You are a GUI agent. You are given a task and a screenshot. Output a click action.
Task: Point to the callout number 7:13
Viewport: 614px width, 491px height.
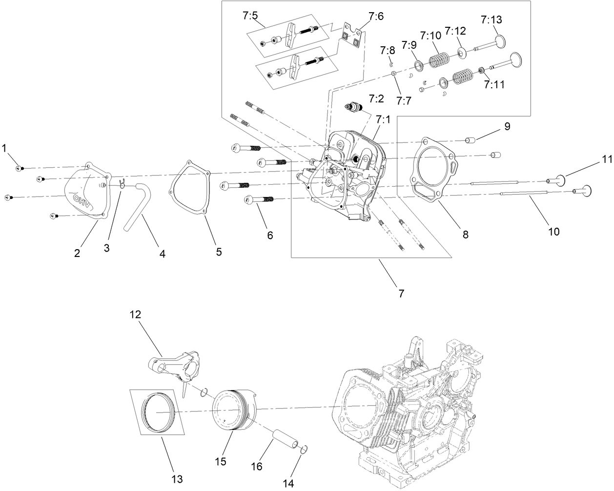(491, 20)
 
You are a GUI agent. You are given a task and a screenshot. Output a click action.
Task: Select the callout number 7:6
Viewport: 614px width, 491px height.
(376, 17)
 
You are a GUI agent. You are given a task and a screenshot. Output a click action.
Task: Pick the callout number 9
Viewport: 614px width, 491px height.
(507, 126)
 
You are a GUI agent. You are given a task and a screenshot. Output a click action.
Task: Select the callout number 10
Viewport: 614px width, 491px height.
(553, 231)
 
